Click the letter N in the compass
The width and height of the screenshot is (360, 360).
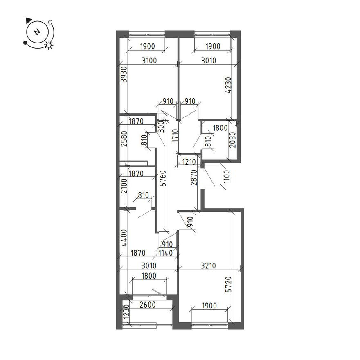[x=37, y=32]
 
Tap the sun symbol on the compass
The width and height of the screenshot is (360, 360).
[x=49, y=45]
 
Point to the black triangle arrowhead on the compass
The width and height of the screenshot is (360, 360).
[x=28, y=20]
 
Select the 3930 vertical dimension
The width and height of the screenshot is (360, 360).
[x=123, y=74]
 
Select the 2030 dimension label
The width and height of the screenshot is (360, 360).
[x=232, y=142]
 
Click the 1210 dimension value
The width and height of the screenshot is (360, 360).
[x=188, y=162]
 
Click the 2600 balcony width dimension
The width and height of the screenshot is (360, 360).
[x=148, y=304]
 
